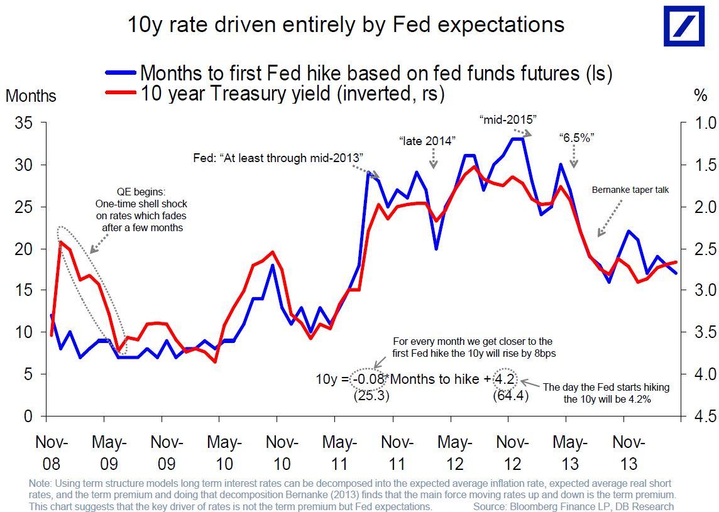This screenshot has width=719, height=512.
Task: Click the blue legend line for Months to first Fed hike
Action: tap(120, 74)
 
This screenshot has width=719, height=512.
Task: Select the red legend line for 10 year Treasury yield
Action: tap(120, 94)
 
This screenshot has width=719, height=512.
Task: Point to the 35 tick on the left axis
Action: tap(23, 123)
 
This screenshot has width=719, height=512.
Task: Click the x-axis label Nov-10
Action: tap(283, 452)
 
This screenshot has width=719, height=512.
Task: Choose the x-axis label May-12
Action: tap(455, 452)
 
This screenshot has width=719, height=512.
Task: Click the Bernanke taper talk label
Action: tap(630, 189)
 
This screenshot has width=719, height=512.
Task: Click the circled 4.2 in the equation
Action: tap(505, 379)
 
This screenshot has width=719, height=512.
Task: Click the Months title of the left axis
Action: tap(31, 96)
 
